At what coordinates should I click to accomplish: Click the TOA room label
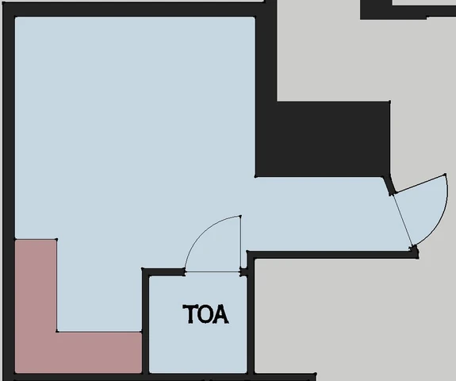(x=205, y=314)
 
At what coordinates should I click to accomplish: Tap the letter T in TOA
(x=190, y=314)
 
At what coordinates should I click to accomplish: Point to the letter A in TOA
(x=221, y=314)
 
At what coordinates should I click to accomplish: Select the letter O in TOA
(x=205, y=314)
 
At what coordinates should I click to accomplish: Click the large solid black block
(x=323, y=139)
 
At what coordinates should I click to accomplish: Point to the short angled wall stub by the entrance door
(x=389, y=185)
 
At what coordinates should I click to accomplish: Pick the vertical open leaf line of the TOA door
(x=240, y=244)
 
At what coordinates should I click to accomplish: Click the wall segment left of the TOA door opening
(x=163, y=272)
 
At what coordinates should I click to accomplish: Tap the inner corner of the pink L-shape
(x=57, y=332)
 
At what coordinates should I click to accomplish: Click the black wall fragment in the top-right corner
(x=407, y=10)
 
